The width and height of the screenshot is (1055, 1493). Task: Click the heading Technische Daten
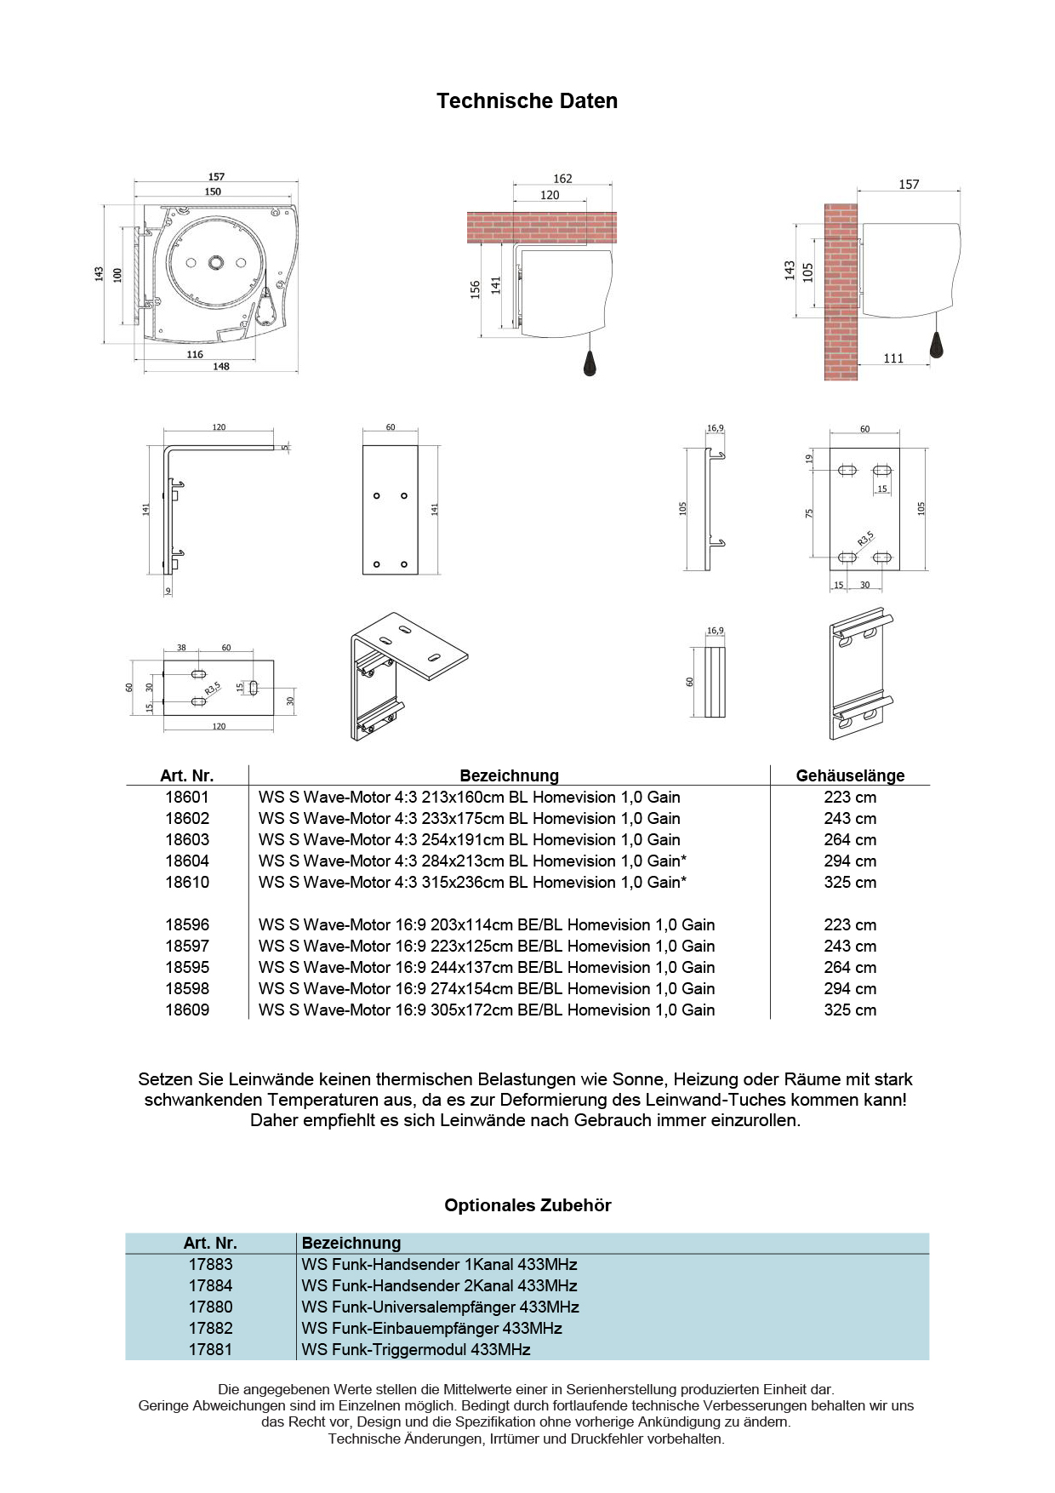[x=527, y=100]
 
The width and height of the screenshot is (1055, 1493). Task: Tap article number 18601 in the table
[x=187, y=797]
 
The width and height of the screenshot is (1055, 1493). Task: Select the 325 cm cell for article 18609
[x=849, y=1010]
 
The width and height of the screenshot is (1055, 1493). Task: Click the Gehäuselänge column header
[x=849, y=775]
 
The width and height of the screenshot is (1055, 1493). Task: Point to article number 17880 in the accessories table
[x=210, y=1307]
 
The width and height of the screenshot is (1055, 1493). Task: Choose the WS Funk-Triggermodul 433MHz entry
[x=415, y=1349]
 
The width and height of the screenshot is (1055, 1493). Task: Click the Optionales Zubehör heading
[x=527, y=1204]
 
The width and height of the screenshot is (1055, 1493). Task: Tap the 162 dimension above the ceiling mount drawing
[x=562, y=179]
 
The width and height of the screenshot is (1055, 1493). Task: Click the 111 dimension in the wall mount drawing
[x=893, y=358]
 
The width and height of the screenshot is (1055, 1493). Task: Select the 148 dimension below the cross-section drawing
[x=221, y=366]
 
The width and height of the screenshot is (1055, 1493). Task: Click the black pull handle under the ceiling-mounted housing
[x=590, y=363]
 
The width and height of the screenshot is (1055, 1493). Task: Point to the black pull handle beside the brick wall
[x=937, y=344]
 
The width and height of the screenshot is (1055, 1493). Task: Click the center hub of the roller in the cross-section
[x=215, y=263]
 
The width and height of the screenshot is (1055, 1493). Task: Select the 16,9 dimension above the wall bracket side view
[x=716, y=428]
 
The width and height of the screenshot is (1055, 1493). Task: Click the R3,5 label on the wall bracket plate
[x=865, y=538]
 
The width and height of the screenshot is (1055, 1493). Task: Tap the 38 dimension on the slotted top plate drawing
[x=181, y=648]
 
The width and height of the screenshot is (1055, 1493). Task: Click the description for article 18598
[x=487, y=988]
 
